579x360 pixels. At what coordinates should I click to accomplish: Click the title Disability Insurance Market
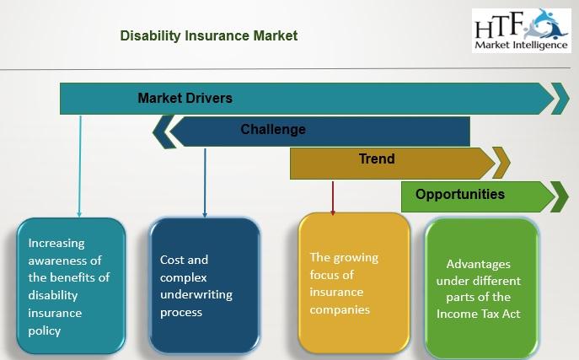click(209, 35)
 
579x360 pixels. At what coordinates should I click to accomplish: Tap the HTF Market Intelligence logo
click(522, 30)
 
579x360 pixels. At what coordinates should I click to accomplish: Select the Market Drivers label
click(185, 98)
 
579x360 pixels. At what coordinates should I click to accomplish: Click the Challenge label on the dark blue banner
click(273, 130)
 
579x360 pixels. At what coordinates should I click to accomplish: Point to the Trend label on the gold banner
click(377, 159)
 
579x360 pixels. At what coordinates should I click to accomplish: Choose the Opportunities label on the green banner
click(460, 194)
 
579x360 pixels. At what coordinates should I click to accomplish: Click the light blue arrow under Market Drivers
click(79, 167)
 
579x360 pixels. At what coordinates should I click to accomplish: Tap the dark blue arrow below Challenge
click(205, 183)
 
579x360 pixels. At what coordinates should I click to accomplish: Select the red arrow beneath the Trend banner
click(333, 198)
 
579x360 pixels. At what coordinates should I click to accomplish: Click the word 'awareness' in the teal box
click(65, 261)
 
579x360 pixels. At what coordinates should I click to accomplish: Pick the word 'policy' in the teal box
click(45, 331)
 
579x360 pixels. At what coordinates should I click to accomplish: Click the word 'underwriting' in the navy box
click(196, 294)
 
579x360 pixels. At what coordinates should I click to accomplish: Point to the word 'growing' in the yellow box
click(356, 258)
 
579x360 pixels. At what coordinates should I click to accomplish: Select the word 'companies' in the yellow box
click(340, 309)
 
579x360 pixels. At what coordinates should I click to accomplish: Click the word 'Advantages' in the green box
click(478, 265)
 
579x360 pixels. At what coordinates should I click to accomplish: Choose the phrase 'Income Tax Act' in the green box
click(478, 314)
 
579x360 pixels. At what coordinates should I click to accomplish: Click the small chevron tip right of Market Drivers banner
click(560, 99)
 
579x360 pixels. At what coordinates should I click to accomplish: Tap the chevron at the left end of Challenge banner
click(164, 132)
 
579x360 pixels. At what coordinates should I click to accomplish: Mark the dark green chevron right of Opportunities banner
click(560, 196)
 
